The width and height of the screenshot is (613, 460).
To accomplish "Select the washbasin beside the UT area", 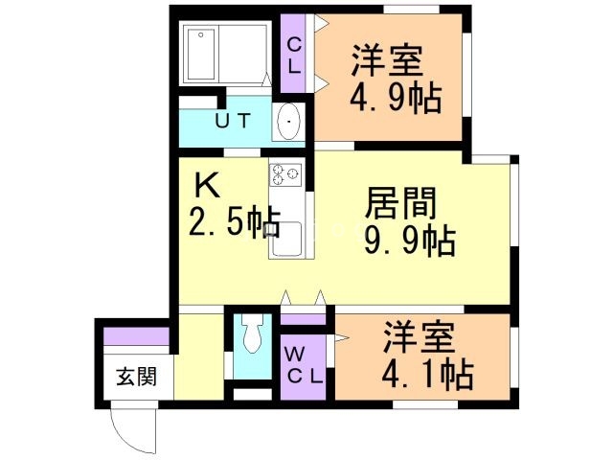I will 288,123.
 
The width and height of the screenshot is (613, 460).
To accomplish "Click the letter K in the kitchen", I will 209,182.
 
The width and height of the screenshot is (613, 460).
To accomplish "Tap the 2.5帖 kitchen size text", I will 233,222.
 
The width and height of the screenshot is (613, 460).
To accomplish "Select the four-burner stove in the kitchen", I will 285,174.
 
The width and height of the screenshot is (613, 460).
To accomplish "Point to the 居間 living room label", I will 401,203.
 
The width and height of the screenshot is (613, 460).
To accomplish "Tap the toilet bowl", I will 252,336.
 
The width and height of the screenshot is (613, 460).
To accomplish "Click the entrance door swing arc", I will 131,427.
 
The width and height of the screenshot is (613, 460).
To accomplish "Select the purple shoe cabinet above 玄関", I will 136,336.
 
